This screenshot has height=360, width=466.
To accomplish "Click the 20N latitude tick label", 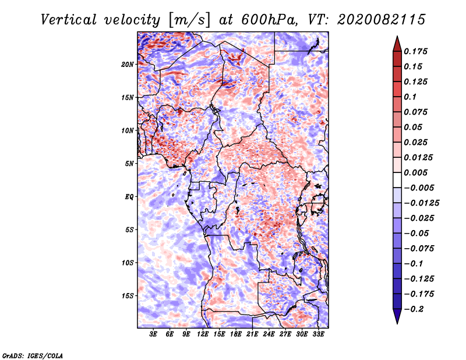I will [128, 64].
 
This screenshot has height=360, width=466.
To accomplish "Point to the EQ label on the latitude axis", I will [129, 196].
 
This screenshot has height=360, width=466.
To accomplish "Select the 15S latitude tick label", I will [128, 295].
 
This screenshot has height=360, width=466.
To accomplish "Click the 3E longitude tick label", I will [154, 334].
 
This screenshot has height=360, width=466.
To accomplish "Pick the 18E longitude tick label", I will [235, 334].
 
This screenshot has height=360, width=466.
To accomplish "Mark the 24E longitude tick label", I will [269, 334].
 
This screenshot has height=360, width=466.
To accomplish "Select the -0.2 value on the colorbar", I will [414, 309].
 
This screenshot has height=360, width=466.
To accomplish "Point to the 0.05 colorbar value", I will [414, 127].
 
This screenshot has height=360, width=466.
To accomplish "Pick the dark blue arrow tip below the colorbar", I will [396, 319].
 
